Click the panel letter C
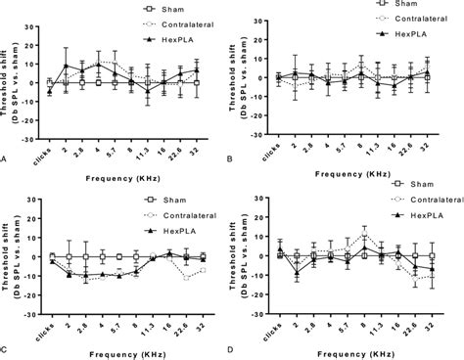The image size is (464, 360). click(6, 346)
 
